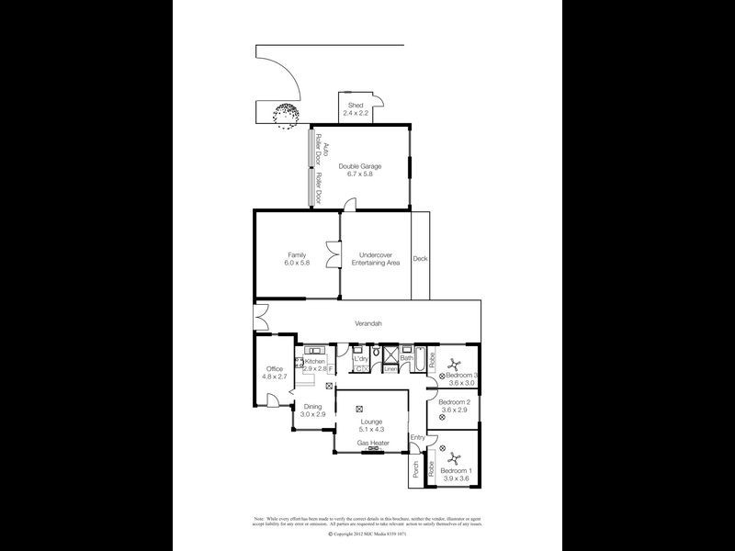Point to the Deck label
click(x=420, y=259)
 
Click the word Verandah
click(x=368, y=323)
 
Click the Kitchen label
click(x=315, y=362)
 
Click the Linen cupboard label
click(x=390, y=370)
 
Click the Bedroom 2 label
click(x=454, y=402)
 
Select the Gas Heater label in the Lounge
click(x=371, y=442)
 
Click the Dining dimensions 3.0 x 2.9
click(x=312, y=414)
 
